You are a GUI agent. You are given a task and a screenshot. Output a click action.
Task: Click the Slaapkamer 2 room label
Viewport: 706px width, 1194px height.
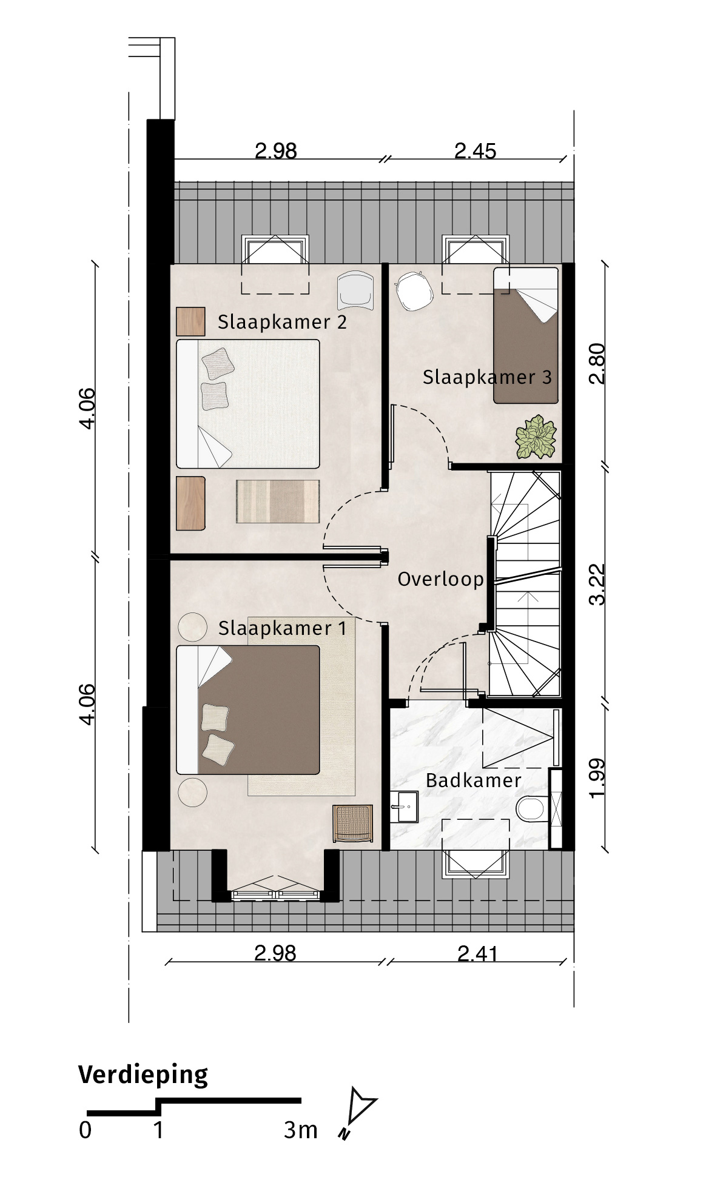click(282, 321)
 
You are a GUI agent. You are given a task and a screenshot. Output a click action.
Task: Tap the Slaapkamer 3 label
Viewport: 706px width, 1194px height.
click(487, 377)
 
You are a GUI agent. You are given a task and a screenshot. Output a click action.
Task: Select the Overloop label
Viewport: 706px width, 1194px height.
click(440, 579)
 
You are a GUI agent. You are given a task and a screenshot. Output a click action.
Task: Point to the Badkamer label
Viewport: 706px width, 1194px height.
click(473, 780)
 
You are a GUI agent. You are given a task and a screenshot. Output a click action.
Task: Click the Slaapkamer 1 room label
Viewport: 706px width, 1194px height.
click(282, 628)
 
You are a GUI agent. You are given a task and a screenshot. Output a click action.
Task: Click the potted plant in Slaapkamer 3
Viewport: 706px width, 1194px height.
click(536, 437)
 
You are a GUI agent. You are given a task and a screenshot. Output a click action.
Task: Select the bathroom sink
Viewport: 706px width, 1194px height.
click(404, 807)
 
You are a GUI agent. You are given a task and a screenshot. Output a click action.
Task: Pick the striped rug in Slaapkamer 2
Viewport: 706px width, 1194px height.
click(277, 501)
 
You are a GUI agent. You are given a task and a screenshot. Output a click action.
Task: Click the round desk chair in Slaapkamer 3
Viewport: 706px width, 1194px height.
click(414, 290)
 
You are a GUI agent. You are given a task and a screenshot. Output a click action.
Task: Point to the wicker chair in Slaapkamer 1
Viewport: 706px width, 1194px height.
click(352, 823)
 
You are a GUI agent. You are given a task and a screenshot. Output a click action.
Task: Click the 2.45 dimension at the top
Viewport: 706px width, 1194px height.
click(476, 151)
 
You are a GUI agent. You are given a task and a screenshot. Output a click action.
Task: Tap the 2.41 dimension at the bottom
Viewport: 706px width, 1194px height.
click(477, 954)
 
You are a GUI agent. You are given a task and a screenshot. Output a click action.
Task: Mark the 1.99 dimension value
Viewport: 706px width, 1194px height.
click(597, 778)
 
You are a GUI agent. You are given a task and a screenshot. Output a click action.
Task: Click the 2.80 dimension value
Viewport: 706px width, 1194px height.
click(597, 363)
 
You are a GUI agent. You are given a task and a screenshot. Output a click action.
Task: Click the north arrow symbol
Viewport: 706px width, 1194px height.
click(358, 1110)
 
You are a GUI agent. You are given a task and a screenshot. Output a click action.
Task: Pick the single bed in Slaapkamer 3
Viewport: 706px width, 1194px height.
click(525, 335)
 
